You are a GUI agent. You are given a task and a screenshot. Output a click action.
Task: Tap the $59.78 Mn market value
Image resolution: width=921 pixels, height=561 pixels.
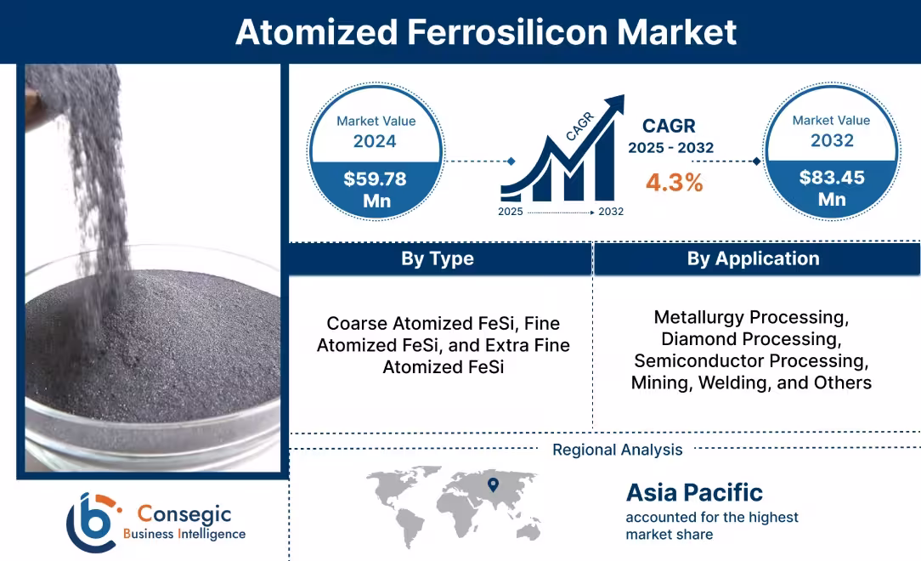[375, 189]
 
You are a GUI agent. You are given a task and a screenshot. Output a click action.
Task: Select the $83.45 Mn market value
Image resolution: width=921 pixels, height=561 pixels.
[831, 188]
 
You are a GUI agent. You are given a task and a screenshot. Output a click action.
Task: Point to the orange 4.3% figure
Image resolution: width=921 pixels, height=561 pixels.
[674, 182]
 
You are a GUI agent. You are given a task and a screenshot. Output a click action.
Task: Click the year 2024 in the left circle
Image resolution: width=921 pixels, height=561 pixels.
[375, 141]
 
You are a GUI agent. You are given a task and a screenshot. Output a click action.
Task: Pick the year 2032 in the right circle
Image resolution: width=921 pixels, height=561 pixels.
[831, 140]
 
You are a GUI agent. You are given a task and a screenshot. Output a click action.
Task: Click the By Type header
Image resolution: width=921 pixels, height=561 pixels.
[437, 258]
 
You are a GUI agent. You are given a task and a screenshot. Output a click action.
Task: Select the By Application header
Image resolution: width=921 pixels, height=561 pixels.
[753, 258]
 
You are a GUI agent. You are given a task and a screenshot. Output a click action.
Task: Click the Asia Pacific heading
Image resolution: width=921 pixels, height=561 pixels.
[694, 492]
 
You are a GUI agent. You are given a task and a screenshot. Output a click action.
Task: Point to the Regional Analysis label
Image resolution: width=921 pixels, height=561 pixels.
[617, 450]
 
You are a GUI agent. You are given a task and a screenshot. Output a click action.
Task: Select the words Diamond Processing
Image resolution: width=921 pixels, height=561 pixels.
[750, 339]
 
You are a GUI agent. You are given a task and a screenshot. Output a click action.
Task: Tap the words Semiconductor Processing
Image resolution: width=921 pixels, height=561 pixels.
[751, 361]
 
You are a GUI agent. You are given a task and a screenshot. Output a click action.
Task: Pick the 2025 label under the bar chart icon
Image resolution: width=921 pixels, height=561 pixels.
[511, 211]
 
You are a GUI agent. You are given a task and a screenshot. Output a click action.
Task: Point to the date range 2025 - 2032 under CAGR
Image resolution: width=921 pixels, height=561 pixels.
[670, 148]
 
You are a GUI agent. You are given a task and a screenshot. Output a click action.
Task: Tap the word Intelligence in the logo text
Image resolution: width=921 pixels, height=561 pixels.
[212, 534]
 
